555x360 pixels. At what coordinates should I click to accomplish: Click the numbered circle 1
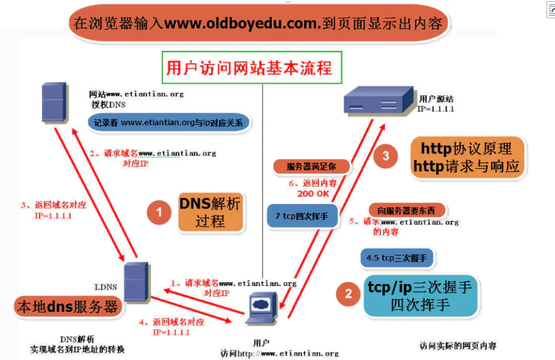click(159, 213)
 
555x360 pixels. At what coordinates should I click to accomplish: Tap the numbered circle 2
click(348, 294)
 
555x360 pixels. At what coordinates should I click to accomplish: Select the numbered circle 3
click(385, 156)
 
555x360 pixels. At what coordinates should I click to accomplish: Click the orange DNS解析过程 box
click(210, 212)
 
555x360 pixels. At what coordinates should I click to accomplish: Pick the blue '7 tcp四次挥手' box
click(302, 216)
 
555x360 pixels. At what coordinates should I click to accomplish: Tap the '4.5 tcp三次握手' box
click(396, 258)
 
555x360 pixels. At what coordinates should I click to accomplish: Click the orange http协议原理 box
click(467, 157)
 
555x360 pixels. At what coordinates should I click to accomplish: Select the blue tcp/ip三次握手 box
click(420, 296)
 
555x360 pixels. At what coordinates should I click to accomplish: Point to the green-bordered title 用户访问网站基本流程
click(249, 67)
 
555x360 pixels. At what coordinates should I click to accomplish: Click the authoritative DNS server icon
click(54, 103)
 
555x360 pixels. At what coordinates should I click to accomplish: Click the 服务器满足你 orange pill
click(311, 165)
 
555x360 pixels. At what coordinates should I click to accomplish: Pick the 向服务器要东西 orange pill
click(406, 210)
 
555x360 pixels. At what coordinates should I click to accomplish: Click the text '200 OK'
click(314, 193)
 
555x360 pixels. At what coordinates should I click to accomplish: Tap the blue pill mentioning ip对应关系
click(168, 123)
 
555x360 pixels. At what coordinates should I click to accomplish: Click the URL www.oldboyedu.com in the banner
click(242, 24)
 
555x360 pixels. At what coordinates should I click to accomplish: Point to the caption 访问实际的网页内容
click(458, 345)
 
